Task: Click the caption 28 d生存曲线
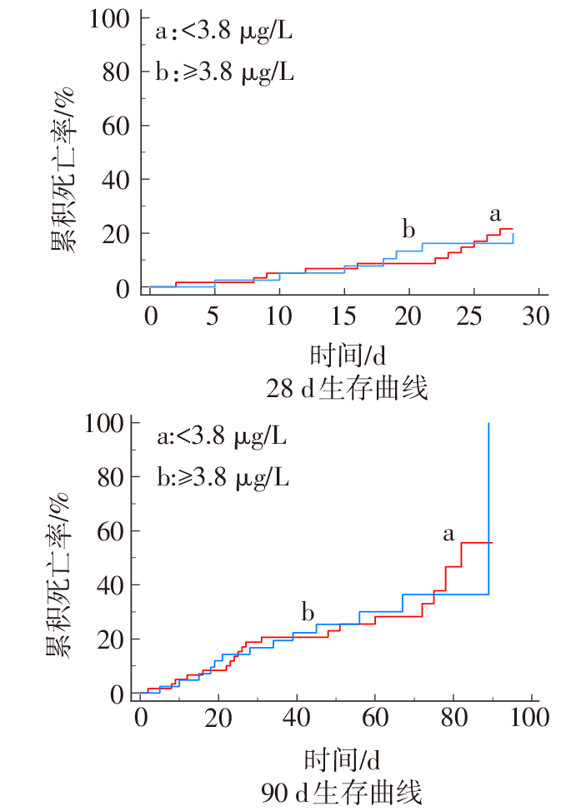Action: (x=348, y=388)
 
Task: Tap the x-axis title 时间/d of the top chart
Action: (x=348, y=356)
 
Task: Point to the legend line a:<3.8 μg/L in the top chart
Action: (x=223, y=32)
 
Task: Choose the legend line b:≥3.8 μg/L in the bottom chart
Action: (x=223, y=477)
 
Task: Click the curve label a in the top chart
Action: (x=495, y=215)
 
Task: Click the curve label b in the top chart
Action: (x=408, y=229)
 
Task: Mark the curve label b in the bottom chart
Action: (x=308, y=614)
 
